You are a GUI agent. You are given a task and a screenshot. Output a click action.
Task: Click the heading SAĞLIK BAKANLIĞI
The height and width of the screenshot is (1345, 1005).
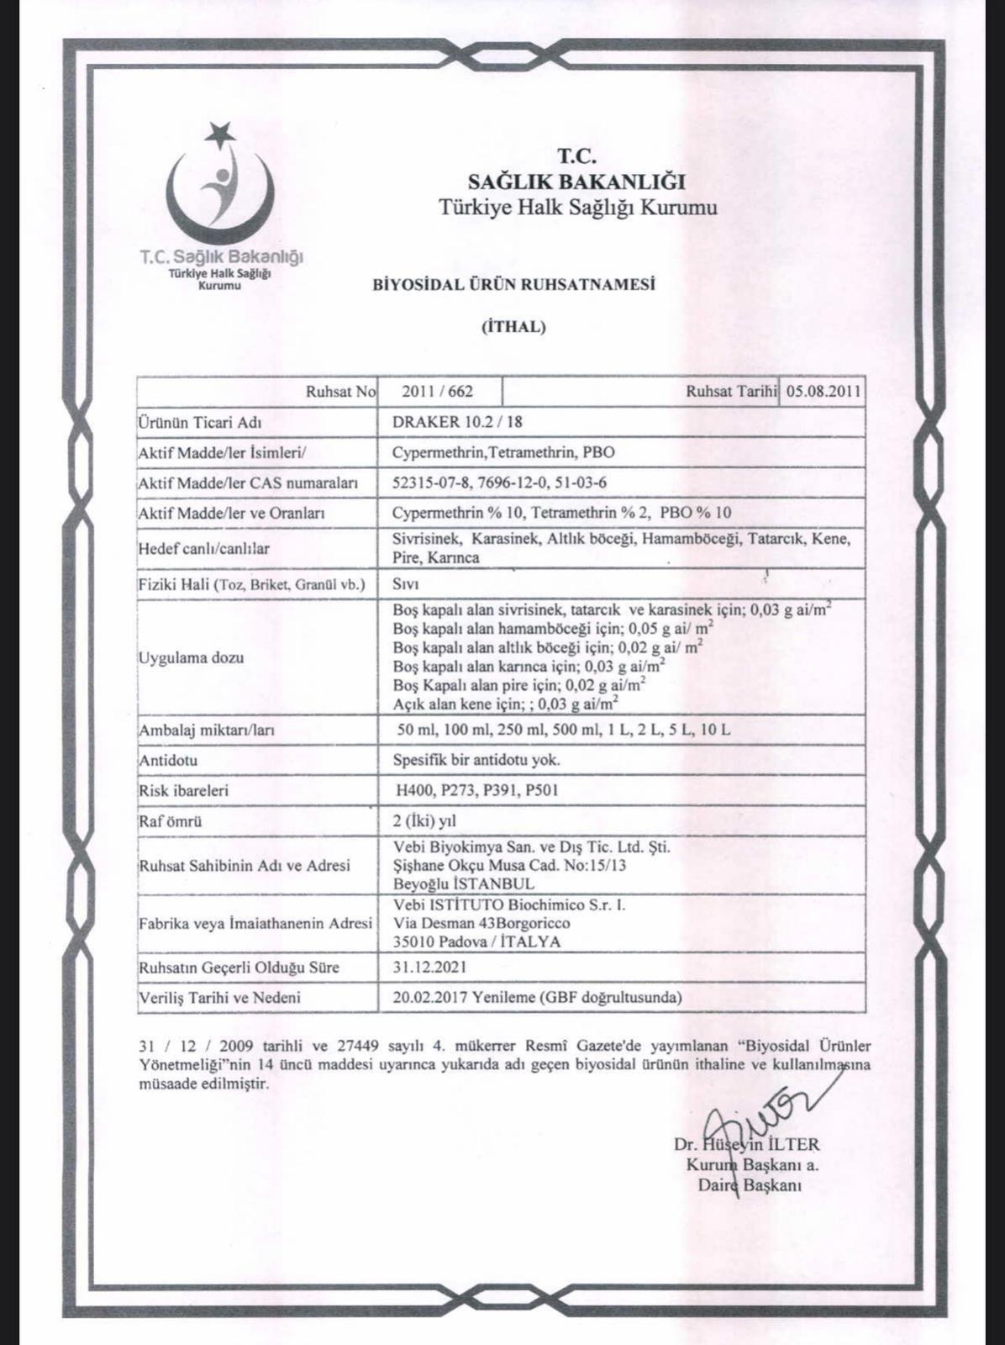[576, 181]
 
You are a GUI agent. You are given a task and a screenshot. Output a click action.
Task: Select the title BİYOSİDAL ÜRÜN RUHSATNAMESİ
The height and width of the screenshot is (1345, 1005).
[513, 284]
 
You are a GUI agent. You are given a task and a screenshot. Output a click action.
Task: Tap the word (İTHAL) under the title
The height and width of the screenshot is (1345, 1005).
[513, 327]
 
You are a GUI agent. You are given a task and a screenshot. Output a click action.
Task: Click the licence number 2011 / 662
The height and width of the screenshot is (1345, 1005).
[437, 391]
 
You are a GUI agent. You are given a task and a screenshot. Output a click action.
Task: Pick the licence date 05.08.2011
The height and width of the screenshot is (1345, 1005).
[823, 391]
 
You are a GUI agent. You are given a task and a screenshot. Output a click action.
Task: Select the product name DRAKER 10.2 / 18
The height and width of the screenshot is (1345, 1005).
[462, 422]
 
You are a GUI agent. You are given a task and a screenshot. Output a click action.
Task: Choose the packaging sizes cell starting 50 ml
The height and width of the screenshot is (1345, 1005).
[563, 730]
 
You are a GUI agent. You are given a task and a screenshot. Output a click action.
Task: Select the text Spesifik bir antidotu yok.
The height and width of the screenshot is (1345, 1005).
[476, 760]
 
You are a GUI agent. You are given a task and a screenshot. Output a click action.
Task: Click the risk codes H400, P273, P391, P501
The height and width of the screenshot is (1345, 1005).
[477, 790]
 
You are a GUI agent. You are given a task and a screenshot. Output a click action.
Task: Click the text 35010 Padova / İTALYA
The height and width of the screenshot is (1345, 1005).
[476, 941]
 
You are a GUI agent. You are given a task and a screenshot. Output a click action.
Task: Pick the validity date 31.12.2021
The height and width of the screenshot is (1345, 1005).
[429, 968]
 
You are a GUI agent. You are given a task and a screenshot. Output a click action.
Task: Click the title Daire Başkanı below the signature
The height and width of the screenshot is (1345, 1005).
[749, 1185]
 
